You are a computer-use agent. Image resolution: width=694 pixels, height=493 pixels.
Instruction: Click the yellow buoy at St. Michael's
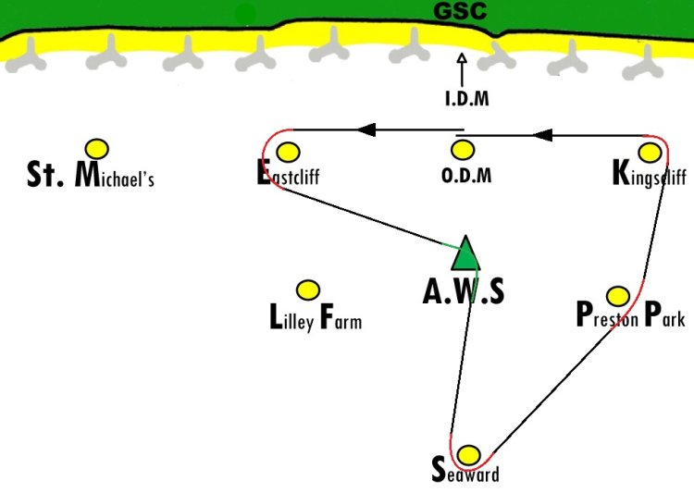97,149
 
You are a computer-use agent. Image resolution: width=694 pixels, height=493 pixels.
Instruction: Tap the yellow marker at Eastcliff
288,153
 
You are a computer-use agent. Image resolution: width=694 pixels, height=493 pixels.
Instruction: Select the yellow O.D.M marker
463,150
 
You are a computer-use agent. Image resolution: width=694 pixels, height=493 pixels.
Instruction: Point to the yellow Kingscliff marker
650,153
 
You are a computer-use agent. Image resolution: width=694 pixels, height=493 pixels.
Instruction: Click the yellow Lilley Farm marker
307,290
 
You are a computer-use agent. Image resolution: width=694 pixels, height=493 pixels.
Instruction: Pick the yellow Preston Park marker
618,296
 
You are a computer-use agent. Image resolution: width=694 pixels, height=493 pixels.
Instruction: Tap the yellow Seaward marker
468,455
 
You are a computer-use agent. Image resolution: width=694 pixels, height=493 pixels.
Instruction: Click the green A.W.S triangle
465,253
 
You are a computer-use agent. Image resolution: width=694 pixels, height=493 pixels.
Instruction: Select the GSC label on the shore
460,11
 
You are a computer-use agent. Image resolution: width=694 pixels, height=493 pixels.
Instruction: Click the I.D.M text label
467,98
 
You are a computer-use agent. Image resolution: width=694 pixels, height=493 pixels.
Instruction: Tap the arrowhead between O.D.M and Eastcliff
366,129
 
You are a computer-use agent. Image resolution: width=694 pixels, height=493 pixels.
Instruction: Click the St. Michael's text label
91,175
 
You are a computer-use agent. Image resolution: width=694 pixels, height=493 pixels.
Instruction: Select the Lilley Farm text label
316,317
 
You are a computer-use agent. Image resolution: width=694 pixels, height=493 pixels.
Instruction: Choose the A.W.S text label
464,291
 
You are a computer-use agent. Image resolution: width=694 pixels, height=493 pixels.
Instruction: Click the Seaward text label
465,471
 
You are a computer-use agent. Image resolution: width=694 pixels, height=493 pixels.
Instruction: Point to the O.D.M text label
466,176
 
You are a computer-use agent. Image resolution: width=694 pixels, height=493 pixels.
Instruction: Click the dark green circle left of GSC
245,15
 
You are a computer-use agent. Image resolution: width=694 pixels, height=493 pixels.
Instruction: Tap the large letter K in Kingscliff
622,173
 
